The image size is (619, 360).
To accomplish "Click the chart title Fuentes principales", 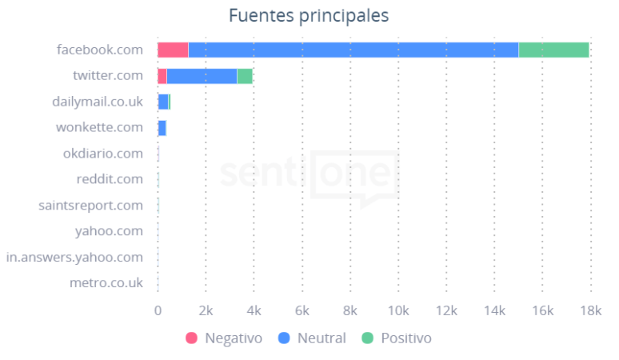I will click(309, 15).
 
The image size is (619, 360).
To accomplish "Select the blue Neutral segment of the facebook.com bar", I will click(353, 50).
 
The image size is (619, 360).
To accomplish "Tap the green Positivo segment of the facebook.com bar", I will click(553, 50).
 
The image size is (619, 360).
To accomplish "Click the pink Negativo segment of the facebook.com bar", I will click(173, 50).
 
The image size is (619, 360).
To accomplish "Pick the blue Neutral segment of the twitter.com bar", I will click(202, 76).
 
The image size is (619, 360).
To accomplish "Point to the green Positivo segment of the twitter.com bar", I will click(245, 76).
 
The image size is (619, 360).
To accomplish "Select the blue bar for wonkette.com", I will click(162, 128).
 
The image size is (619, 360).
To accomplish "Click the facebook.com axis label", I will click(100, 50).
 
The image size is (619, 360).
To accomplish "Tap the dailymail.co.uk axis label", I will click(98, 102).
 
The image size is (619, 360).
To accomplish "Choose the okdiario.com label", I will click(103, 154).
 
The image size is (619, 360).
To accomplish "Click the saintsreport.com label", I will click(91, 206).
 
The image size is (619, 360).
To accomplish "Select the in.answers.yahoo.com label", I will click(74, 258).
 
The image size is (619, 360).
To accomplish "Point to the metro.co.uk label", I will click(106, 283).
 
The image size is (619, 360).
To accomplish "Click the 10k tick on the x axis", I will click(398, 310).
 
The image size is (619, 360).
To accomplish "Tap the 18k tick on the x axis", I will click(590, 310).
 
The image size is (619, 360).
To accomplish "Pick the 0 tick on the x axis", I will click(158, 310).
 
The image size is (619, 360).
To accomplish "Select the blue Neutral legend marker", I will click(284, 338).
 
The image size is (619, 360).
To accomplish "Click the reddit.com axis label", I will click(110, 179).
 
